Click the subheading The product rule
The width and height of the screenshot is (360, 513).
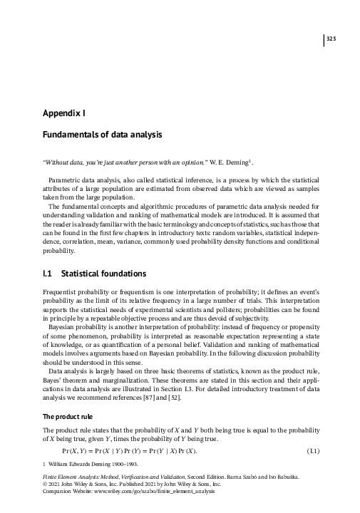pos(68,416)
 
